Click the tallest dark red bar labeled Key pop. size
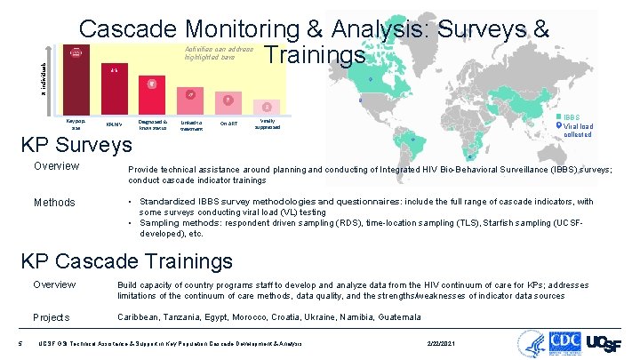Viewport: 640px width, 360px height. click(x=75, y=80)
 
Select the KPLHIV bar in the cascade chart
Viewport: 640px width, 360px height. click(x=114, y=89)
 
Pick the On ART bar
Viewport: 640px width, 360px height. click(x=228, y=103)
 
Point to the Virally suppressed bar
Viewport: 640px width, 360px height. click(x=267, y=108)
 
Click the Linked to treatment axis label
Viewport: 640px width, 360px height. click(x=190, y=125)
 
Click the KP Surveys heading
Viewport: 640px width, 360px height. click(x=83, y=144)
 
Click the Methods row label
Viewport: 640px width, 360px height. click(x=54, y=203)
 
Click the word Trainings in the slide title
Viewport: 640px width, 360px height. click(x=315, y=55)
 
